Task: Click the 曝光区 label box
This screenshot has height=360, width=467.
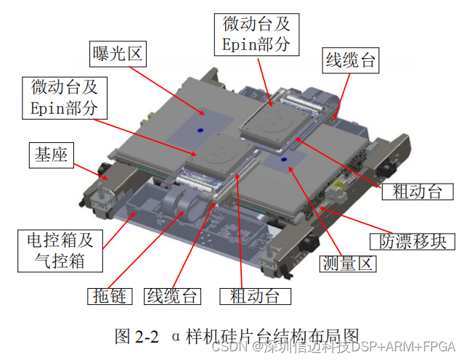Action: click(118, 54)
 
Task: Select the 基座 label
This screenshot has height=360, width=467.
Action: click(52, 155)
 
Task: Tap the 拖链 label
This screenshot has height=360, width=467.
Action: click(110, 296)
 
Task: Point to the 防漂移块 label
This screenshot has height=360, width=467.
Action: click(413, 242)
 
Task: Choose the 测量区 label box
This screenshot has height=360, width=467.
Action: click(348, 263)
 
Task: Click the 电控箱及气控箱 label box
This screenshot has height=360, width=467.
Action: click(60, 250)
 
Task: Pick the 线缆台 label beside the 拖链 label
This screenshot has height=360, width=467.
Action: click(172, 296)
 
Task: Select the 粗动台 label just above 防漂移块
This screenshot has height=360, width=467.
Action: click(418, 192)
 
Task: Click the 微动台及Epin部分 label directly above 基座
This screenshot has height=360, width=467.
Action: click(65, 98)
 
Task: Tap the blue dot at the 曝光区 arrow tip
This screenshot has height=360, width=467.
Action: click(200, 130)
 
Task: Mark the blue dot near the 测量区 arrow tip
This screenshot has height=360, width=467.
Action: click(284, 160)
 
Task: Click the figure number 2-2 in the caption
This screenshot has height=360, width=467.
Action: click(147, 337)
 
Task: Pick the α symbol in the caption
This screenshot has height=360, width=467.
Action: click(176, 337)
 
